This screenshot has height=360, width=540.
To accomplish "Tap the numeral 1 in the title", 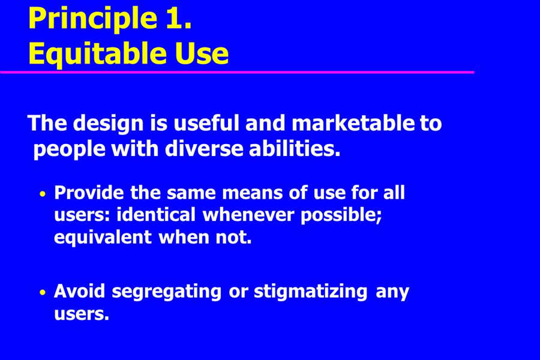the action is pyautogui.click(x=178, y=17).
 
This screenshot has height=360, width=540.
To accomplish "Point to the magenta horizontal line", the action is pyautogui.click(x=237, y=72).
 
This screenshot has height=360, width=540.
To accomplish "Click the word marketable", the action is pyautogui.click(x=353, y=123).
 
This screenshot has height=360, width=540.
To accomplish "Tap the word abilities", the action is pyautogui.click(x=295, y=149).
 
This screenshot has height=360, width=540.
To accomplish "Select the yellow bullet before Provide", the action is pyautogui.click(x=43, y=194).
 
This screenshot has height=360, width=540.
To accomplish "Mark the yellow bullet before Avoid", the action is pyautogui.click(x=43, y=293).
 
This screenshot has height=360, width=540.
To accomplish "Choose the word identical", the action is pyautogui.click(x=156, y=215).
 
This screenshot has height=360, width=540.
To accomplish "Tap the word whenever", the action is pyautogui.click(x=248, y=215).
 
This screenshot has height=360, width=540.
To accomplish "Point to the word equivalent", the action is pyautogui.click(x=103, y=238).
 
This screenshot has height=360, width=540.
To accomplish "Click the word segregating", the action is pyautogui.click(x=167, y=292).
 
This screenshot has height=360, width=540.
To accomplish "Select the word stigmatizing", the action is pyautogui.click(x=311, y=292).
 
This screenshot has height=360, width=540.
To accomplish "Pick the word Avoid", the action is pyautogui.click(x=80, y=291).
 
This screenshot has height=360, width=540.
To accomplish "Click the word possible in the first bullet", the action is pyautogui.click(x=341, y=215).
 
